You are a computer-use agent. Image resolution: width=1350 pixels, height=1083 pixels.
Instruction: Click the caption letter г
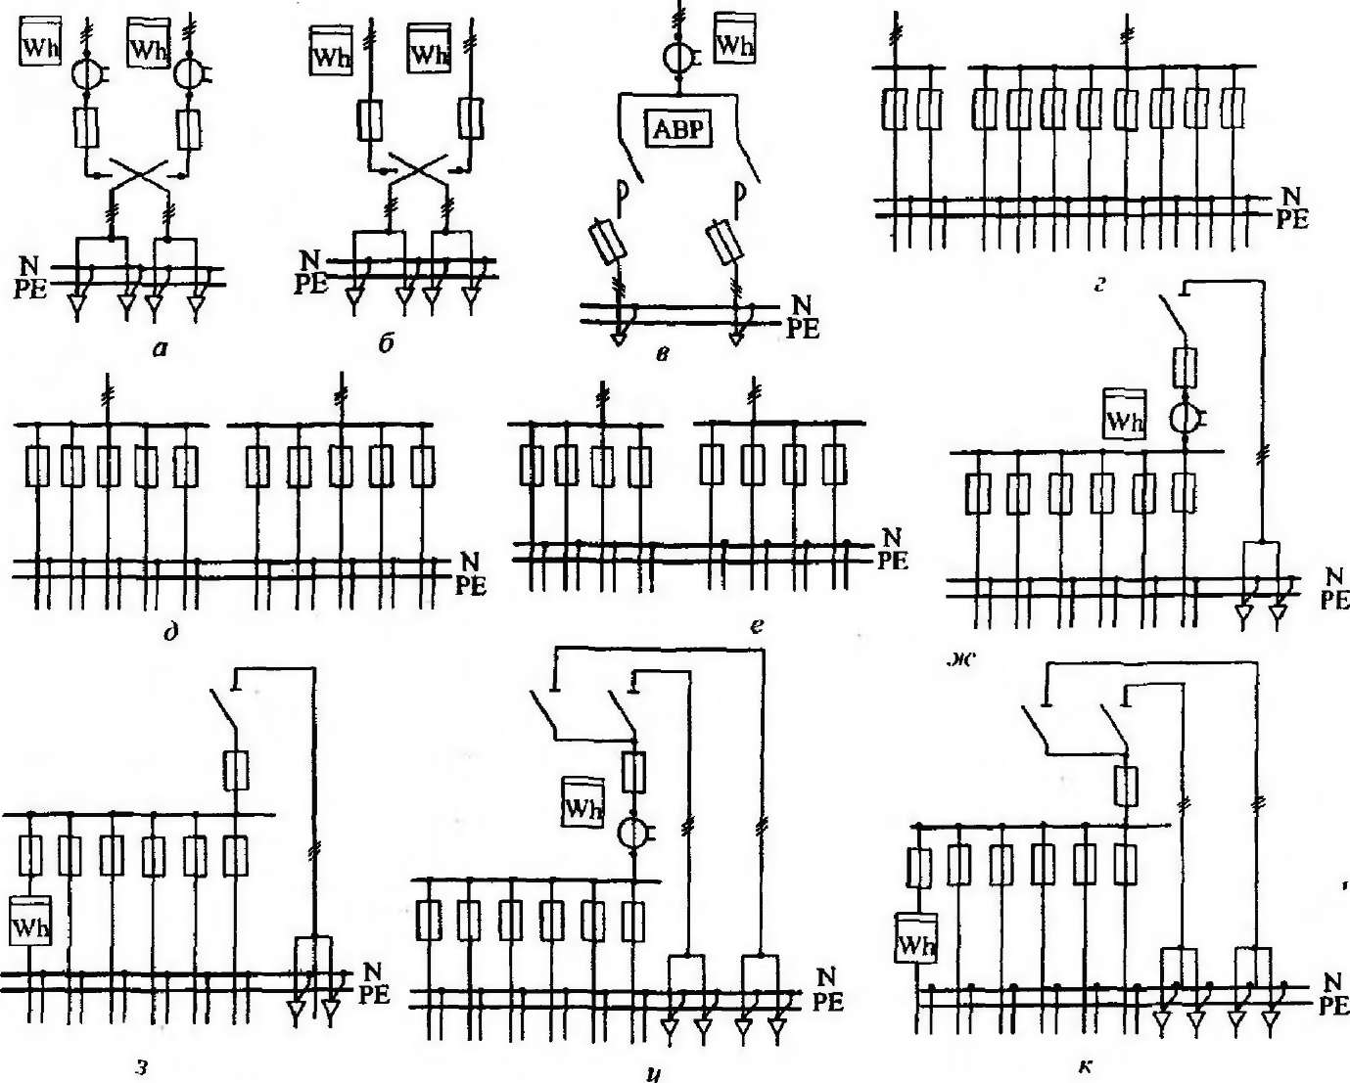click(x=1099, y=286)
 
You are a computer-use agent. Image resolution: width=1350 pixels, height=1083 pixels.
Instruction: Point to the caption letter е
click(x=756, y=624)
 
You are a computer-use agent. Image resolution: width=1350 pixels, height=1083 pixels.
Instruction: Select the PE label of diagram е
click(x=892, y=561)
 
